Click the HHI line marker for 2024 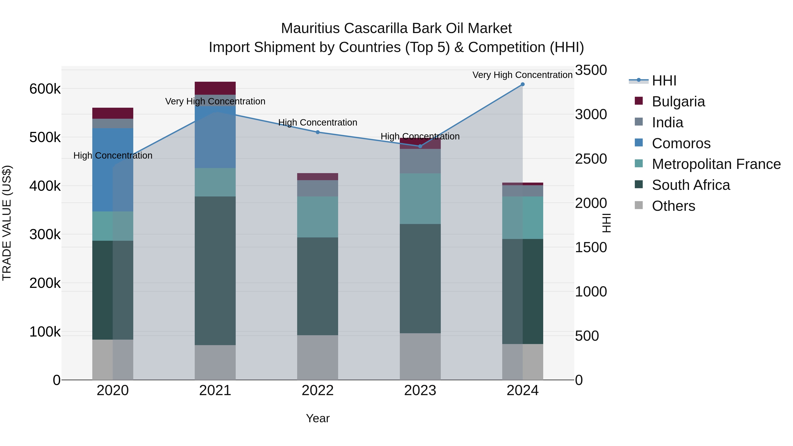522,84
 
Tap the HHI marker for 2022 318,132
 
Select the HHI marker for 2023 420,146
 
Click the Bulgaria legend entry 678,102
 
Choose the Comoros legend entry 681,143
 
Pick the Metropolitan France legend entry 716,164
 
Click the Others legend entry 673,206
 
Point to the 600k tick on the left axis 45,89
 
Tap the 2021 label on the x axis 215,390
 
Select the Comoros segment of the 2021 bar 215,137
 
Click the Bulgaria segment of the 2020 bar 113,113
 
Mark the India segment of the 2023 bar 420,161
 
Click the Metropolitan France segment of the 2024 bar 522,218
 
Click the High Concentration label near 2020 113,156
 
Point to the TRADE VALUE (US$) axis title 7,223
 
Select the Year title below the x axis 318,418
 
